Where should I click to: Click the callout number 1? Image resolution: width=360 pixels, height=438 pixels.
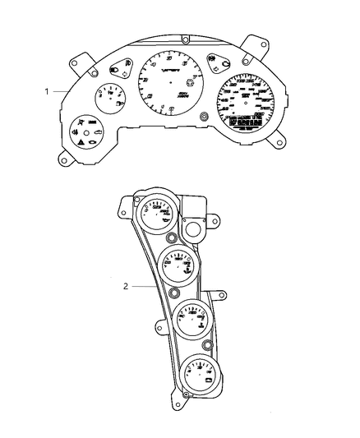coord(47,90)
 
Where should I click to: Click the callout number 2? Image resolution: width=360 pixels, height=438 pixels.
coord(125,286)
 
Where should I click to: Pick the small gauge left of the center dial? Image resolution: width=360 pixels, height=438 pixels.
coord(109,99)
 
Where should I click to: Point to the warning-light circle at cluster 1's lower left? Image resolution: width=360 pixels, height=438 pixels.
coord(86,132)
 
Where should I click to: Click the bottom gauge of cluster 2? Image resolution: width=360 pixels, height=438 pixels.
coord(200,372)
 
